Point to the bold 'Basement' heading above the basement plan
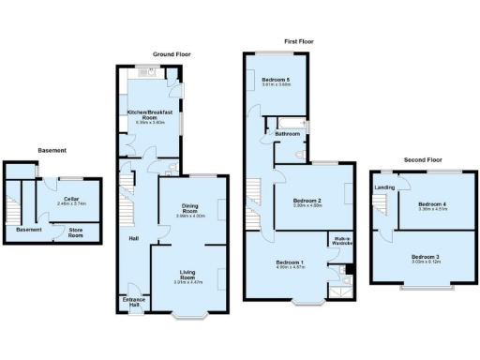click(52, 150)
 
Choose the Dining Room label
click(190, 208)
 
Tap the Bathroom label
click(287, 134)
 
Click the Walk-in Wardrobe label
click(337, 239)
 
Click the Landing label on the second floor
click(384, 187)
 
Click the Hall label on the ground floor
click(134, 237)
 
